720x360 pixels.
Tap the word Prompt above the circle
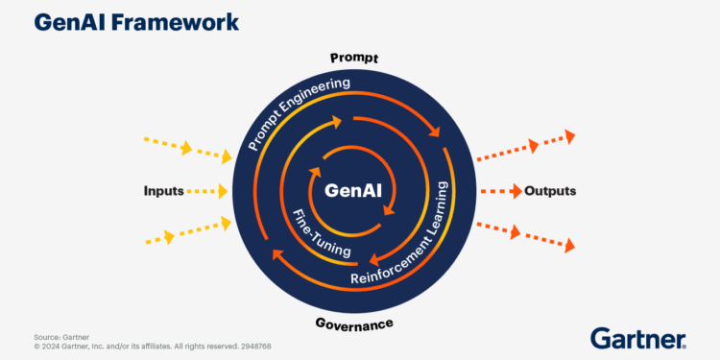pyautogui.click(x=354, y=59)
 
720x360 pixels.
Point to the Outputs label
pyautogui.click(x=550, y=190)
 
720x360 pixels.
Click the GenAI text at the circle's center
pyautogui.click(x=353, y=190)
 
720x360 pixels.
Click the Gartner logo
pyautogui.click(x=637, y=338)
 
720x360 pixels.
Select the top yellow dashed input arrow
pyautogui.click(x=187, y=148)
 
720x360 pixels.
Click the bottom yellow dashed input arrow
pyautogui.click(x=187, y=231)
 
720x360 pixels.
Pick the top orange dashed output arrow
pyautogui.click(x=526, y=146)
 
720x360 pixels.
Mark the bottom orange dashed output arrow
pyautogui.click(x=526, y=235)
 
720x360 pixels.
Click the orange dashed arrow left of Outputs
pyautogui.click(x=499, y=190)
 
